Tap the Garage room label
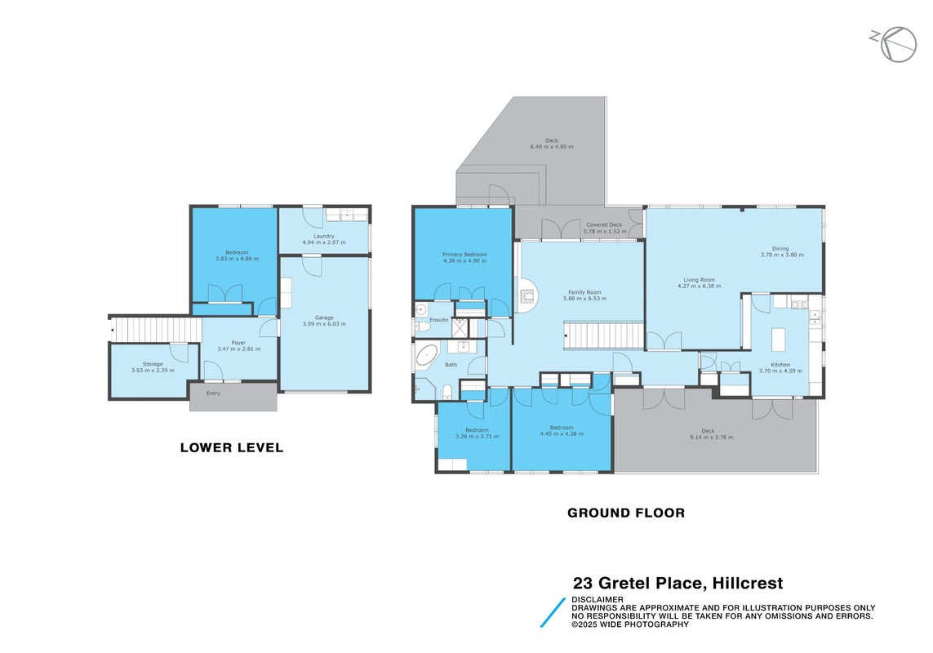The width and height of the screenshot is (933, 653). coord(324,318)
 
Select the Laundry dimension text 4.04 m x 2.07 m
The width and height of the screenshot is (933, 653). coord(324,242)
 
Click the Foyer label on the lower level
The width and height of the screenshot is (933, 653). coord(238,343)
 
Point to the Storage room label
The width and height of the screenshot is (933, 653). coord(153,364)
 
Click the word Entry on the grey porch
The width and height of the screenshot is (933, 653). coord(213,393)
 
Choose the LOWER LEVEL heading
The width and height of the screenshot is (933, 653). coord(232,447)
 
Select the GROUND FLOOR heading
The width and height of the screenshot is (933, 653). coord(626,513)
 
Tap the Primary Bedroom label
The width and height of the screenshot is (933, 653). coord(464,254)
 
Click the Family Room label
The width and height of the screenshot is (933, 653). coord(585,292)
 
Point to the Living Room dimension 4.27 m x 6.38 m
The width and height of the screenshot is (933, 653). coord(700,286)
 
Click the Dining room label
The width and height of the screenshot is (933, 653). coord(780,249)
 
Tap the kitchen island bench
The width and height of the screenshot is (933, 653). coord(778,340)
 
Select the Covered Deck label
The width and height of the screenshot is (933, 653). coord(605,225)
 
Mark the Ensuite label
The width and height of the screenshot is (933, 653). coord(439,320)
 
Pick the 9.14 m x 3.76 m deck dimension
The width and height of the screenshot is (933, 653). coord(712,437)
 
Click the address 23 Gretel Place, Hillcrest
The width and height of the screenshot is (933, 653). coord(678,583)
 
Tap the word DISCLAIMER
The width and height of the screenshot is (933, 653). coord(598,599)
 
